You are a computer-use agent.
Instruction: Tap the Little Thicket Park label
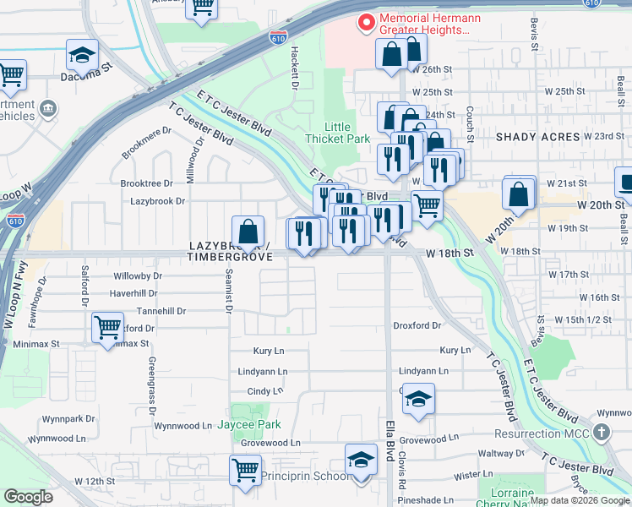(337, 133)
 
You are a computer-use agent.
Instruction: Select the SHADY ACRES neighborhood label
(537, 137)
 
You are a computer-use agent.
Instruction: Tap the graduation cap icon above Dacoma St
(82, 54)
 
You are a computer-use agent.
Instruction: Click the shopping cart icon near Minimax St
(107, 326)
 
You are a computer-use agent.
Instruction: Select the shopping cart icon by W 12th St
(245, 469)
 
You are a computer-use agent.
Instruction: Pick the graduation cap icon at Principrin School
(361, 461)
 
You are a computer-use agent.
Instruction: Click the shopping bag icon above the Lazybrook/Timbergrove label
(248, 231)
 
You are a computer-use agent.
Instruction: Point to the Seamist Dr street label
(229, 291)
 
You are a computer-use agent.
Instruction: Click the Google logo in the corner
(29, 497)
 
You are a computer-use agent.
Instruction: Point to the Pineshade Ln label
(431, 500)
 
